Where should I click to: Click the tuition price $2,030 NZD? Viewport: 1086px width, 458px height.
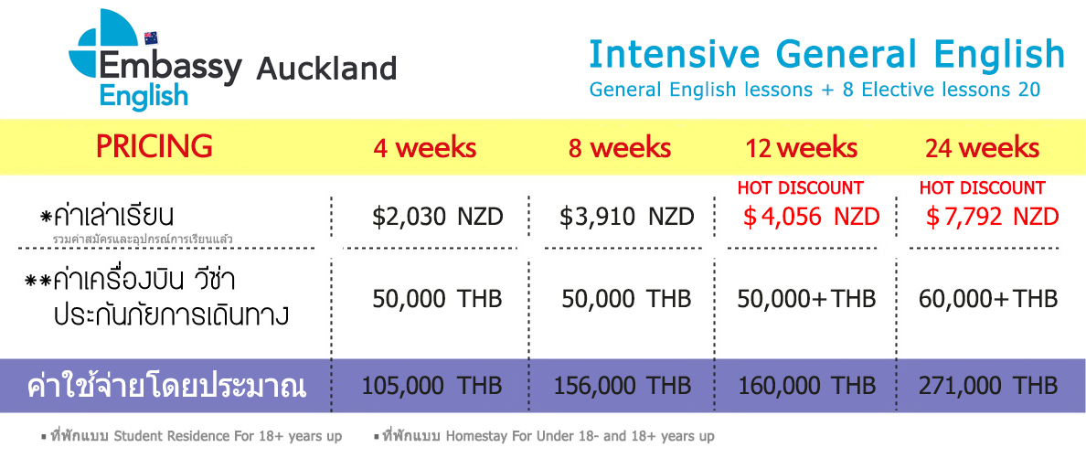(x=437, y=217)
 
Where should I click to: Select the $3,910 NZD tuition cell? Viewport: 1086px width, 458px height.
(x=627, y=217)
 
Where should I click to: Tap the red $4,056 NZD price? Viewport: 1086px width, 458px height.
(x=811, y=217)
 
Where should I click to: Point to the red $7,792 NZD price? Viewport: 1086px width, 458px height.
(x=993, y=217)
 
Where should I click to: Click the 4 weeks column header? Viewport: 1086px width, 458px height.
(x=425, y=147)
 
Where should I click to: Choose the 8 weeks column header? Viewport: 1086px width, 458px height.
(x=620, y=147)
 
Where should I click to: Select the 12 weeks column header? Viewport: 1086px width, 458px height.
(x=802, y=147)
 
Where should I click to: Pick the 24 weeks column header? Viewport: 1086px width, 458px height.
(x=982, y=147)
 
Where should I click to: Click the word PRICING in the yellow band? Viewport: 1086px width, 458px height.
(x=154, y=146)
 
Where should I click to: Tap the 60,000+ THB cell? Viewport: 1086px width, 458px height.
(x=988, y=299)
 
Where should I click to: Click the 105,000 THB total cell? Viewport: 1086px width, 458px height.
(x=431, y=385)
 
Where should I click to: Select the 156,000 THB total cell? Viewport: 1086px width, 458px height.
(x=622, y=385)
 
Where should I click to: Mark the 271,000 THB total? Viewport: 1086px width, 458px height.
(x=988, y=385)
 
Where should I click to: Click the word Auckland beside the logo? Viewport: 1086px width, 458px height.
(x=326, y=68)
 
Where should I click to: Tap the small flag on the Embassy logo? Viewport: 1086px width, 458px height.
(x=151, y=37)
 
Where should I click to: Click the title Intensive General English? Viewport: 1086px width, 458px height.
(x=827, y=54)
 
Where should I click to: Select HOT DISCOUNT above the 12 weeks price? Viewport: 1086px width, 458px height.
(x=800, y=187)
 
